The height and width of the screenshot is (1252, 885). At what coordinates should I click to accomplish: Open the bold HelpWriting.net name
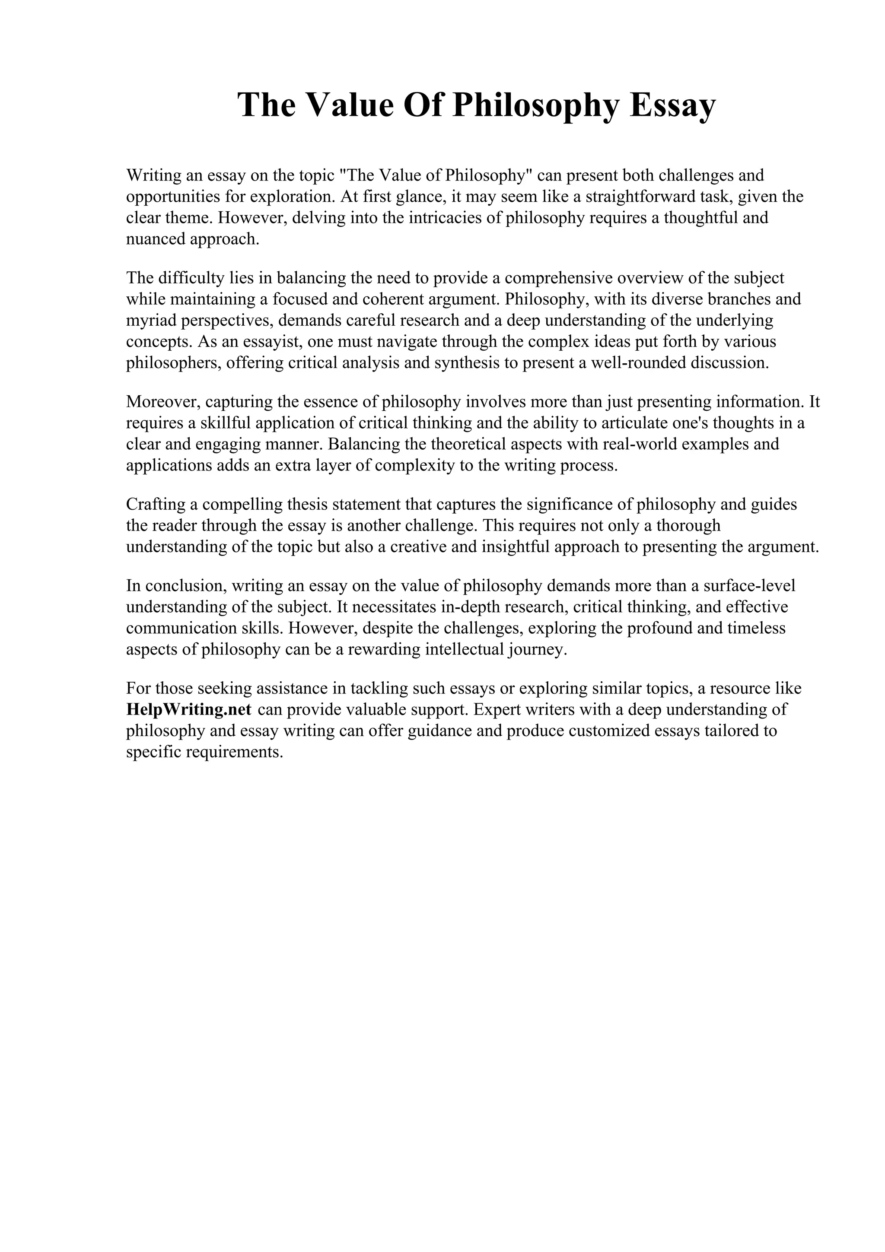click(189, 710)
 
